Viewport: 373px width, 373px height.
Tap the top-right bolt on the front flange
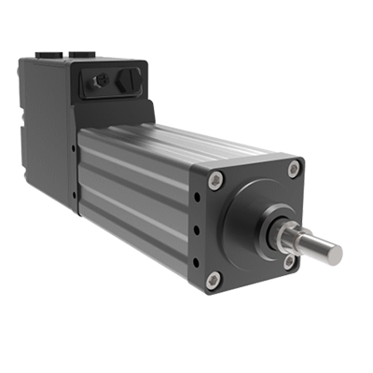294,169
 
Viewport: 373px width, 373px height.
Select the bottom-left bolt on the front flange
213,278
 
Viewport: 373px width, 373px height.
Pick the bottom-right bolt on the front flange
289,262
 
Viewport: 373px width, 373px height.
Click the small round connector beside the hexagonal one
98,82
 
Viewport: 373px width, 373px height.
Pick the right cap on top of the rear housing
81,54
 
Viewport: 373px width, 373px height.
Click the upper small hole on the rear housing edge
74,147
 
